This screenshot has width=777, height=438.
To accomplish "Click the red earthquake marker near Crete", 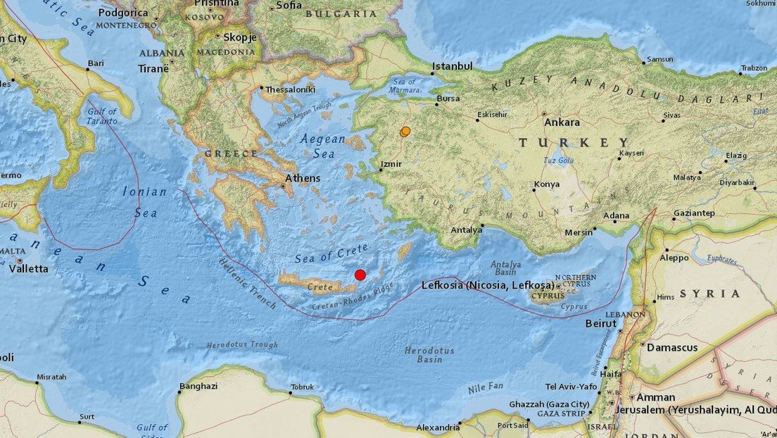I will (x=360, y=275).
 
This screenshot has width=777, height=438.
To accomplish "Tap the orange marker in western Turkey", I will (x=405, y=132).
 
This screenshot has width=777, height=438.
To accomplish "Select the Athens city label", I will (x=303, y=178).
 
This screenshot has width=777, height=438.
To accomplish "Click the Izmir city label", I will (x=391, y=163).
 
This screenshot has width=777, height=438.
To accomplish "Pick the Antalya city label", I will (x=467, y=230).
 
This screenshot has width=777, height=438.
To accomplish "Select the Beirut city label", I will (x=600, y=324).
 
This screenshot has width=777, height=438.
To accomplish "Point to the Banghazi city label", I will (x=198, y=386).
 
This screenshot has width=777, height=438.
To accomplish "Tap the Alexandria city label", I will (x=437, y=427).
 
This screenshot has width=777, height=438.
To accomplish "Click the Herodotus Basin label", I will (x=429, y=355).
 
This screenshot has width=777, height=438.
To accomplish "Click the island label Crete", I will (x=320, y=287).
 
